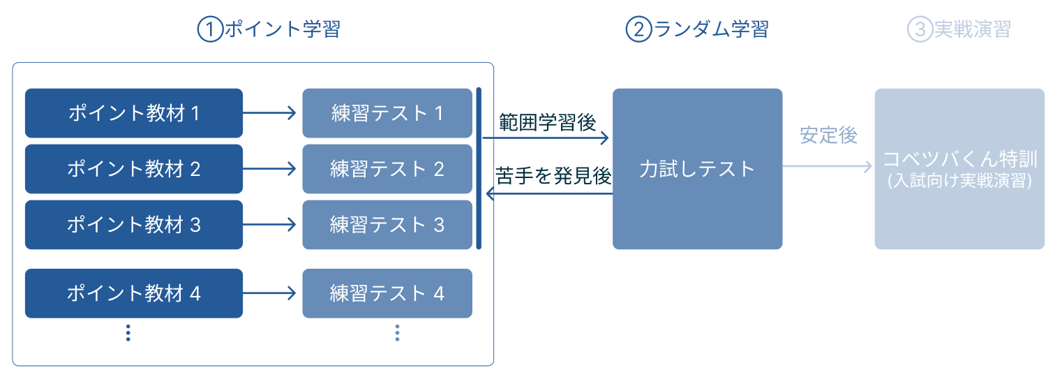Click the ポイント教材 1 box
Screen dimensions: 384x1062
(133, 113)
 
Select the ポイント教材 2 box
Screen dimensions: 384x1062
(133, 169)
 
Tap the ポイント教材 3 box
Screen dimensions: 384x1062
(133, 225)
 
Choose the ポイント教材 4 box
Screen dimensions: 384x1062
(133, 293)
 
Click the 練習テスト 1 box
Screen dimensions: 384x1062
(387, 113)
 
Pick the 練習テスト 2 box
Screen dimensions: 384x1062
(387, 169)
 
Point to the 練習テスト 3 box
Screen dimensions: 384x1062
(387, 225)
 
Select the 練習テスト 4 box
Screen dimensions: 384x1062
(387, 293)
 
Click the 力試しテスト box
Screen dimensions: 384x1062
(697, 169)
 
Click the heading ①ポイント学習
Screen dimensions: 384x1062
(269, 30)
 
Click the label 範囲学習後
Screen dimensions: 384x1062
(547, 122)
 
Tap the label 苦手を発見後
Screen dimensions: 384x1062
(553, 177)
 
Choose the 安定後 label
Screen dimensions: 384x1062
(828, 135)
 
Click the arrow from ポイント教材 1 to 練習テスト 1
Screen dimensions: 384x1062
(272, 113)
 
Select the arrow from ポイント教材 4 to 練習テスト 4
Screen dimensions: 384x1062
(272, 293)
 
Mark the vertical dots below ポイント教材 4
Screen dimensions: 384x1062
(128, 333)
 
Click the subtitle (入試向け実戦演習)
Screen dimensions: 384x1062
(959, 182)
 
